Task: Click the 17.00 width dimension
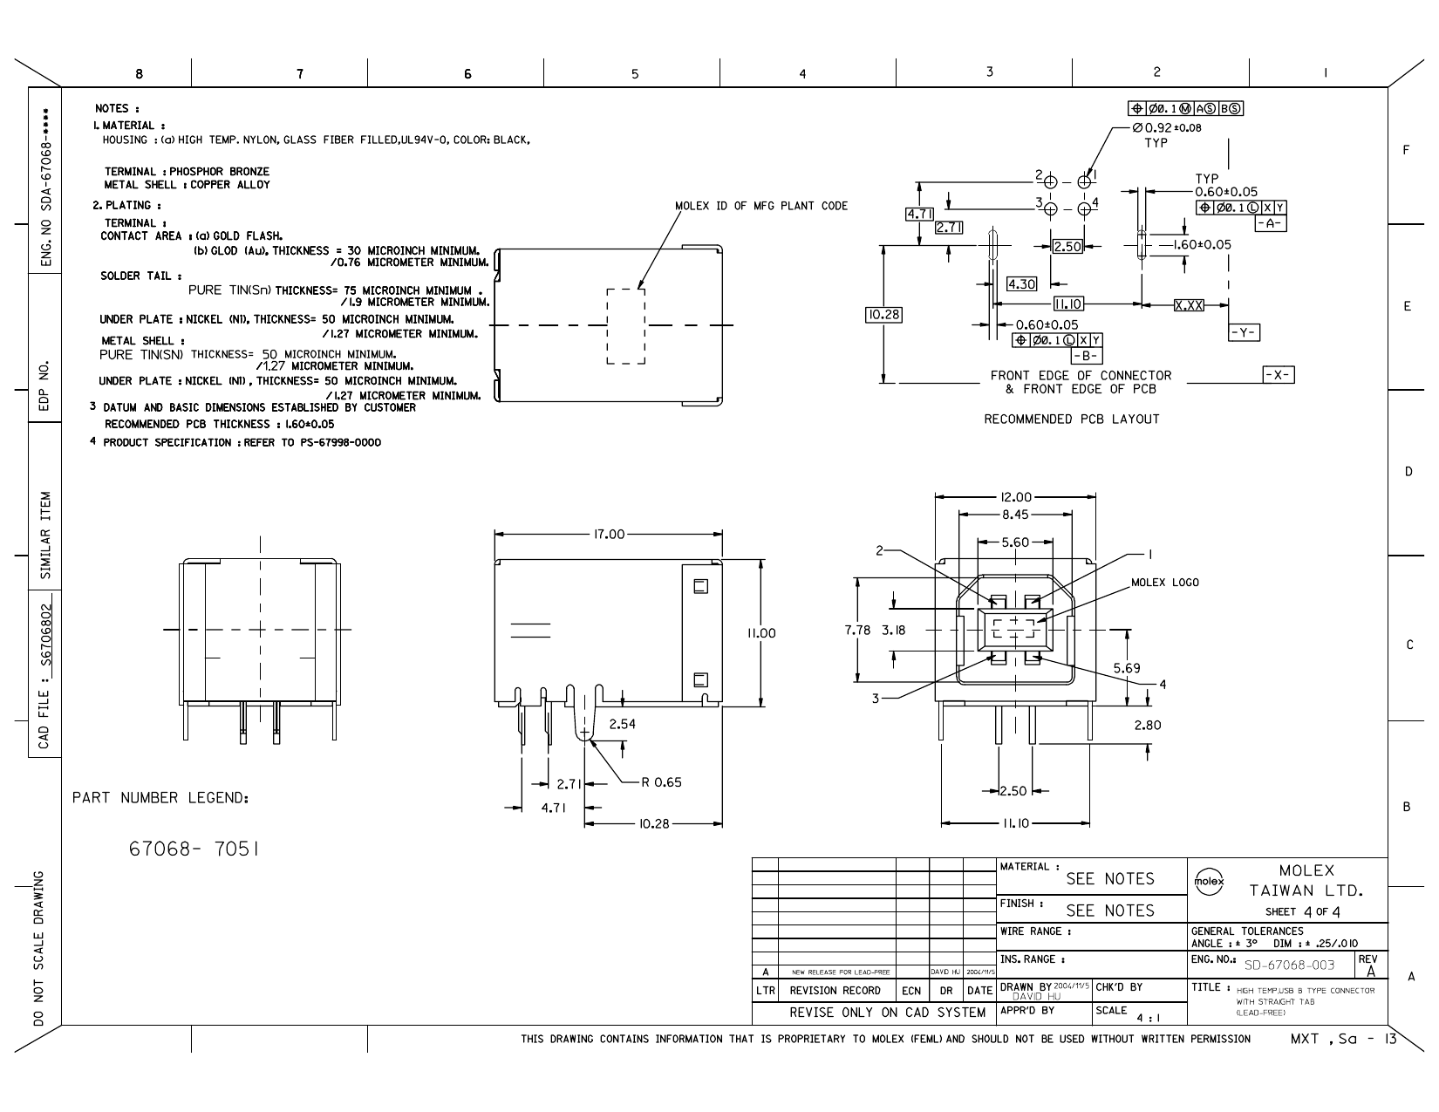pyautogui.click(x=609, y=534)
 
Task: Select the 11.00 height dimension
pyautogui.click(x=760, y=633)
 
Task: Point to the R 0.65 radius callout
pyautogui.click(x=661, y=782)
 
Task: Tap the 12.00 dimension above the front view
pyautogui.click(x=1014, y=497)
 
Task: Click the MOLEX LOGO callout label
pyautogui.click(x=1164, y=583)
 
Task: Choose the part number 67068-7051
pyautogui.click(x=193, y=849)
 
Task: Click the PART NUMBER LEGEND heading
pyautogui.click(x=160, y=798)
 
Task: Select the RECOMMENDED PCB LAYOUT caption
pyautogui.click(x=1072, y=420)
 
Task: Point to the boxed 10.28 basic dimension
pyautogui.click(x=883, y=314)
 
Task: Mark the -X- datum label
pyautogui.click(x=1279, y=375)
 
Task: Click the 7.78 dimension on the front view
pyautogui.click(x=859, y=631)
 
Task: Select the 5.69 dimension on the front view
pyautogui.click(x=1127, y=668)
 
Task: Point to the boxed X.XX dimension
pyautogui.click(x=1189, y=304)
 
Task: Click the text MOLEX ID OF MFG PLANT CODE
pyautogui.click(x=760, y=206)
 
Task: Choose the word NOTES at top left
pyautogui.click(x=113, y=108)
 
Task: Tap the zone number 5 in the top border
pyautogui.click(x=634, y=74)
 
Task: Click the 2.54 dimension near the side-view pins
pyautogui.click(x=623, y=724)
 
